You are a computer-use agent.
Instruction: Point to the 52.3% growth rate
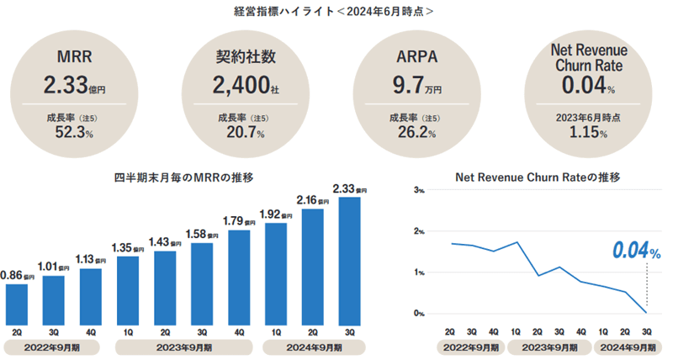point(74,133)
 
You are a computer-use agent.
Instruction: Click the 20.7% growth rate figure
point(242,133)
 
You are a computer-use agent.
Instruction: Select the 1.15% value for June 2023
point(582,133)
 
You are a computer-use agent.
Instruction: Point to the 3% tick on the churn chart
point(419,190)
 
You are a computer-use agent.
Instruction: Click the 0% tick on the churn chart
point(419,314)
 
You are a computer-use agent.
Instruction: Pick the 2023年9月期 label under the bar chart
point(183,347)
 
